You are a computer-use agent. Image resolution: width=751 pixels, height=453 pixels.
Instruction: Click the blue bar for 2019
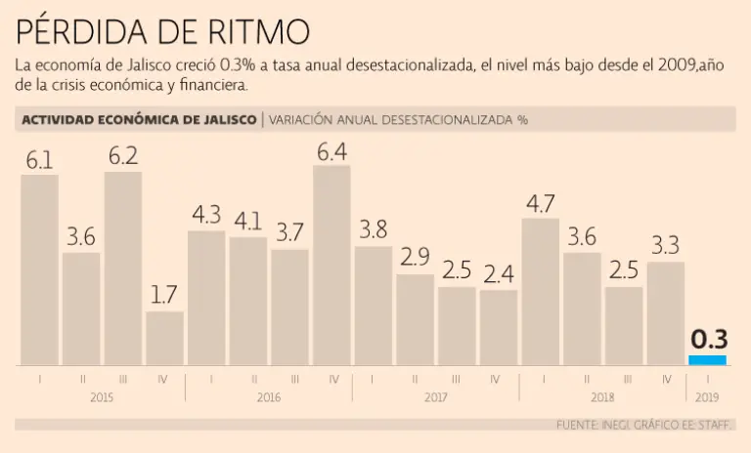point(707,360)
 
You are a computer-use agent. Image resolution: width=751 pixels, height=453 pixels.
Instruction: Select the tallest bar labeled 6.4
point(331,266)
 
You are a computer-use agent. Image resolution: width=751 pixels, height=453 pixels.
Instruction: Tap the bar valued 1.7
point(164,338)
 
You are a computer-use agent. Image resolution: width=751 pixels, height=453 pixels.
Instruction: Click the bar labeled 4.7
point(541,292)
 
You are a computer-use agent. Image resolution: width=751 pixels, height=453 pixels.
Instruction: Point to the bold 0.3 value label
point(708,340)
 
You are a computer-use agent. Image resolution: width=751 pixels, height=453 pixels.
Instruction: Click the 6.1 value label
point(39,160)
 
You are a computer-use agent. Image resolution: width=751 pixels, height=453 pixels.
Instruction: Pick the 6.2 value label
point(123,156)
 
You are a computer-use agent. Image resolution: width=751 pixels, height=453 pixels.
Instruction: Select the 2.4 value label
point(498,275)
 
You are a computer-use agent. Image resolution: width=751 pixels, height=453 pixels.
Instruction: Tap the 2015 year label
point(102,397)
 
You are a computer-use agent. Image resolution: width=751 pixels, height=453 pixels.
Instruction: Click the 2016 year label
point(269,397)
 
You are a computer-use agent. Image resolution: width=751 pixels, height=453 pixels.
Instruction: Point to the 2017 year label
point(435,397)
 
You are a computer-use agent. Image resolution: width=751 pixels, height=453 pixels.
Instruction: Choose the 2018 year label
point(603,397)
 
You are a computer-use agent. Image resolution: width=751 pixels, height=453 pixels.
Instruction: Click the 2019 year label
point(707,397)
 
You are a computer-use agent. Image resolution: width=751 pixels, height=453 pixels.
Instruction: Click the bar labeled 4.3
point(206,298)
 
